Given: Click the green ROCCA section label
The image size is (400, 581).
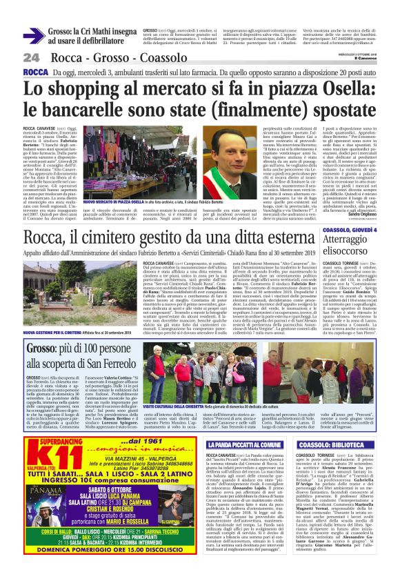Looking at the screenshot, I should [35, 72].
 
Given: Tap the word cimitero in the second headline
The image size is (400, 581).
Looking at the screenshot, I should [146, 239].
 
